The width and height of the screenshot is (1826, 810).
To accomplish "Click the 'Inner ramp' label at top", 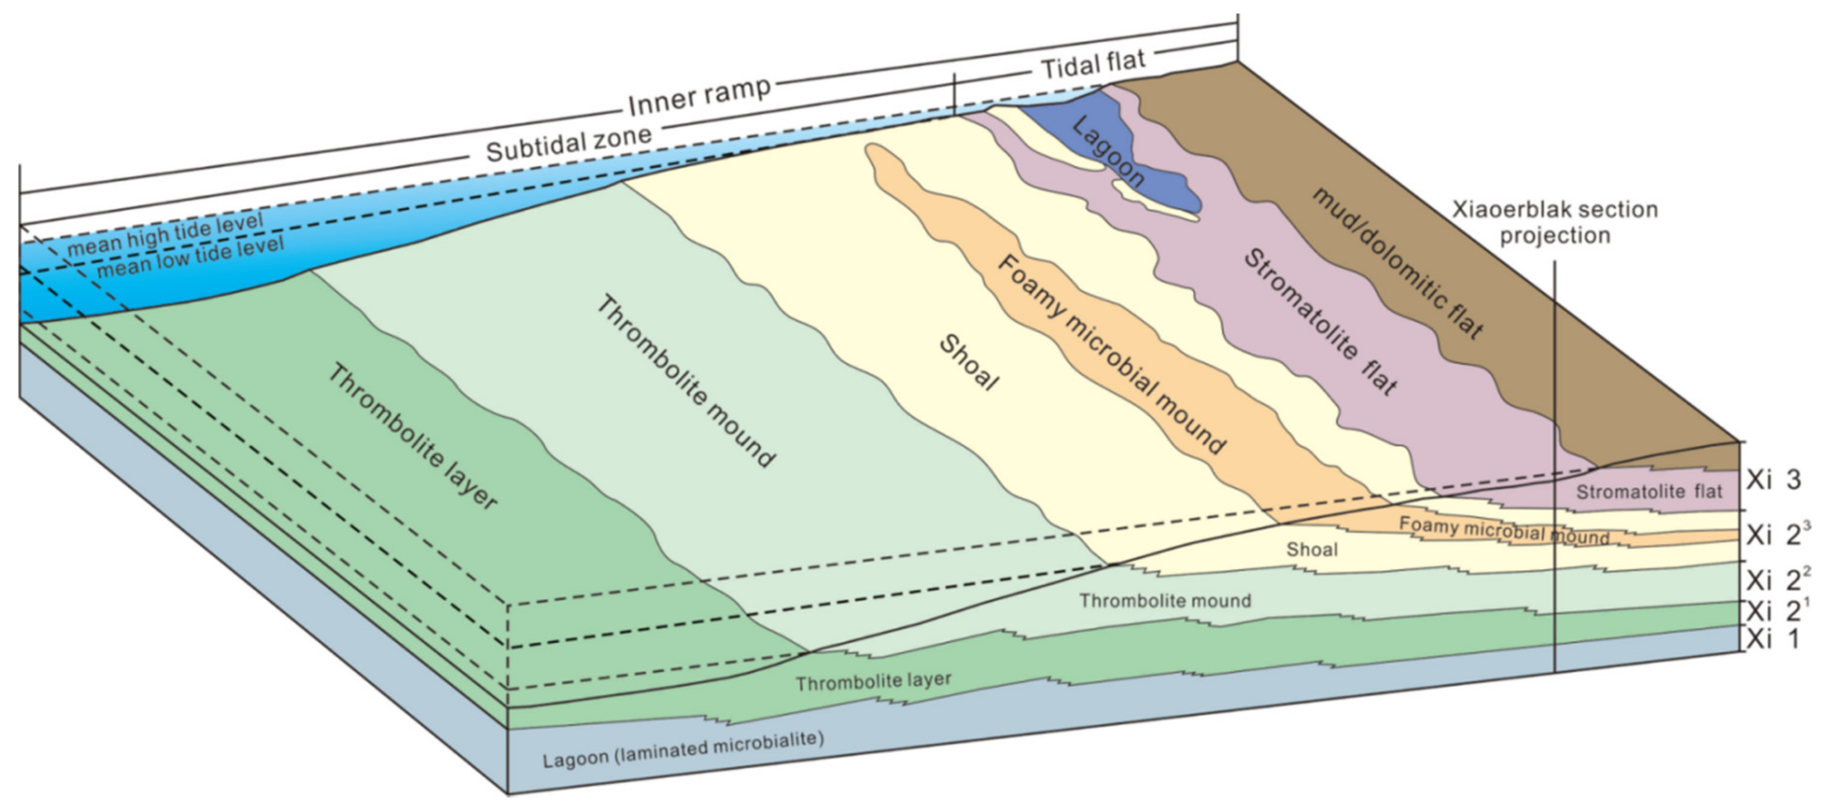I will (x=699, y=96).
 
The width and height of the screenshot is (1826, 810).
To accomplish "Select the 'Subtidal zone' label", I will (x=568, y=142).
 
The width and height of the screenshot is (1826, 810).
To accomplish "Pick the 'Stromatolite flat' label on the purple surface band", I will (x=1320, y=321).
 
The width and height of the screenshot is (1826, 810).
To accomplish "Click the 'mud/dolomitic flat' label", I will (x=1396, y=263).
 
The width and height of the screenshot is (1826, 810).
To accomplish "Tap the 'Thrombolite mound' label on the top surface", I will (x=685, y=381).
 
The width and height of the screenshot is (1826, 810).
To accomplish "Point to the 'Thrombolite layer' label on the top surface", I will (x=412, y=436).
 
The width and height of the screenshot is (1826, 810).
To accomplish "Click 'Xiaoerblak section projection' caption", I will (x=1555, y=222).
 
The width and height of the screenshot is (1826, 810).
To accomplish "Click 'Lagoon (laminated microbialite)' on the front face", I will (x=683, y=750).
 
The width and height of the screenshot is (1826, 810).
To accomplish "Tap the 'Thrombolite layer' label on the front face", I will (x=873, y=682).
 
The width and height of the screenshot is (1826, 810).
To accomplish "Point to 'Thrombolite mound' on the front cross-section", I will (x=1165, y=601).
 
